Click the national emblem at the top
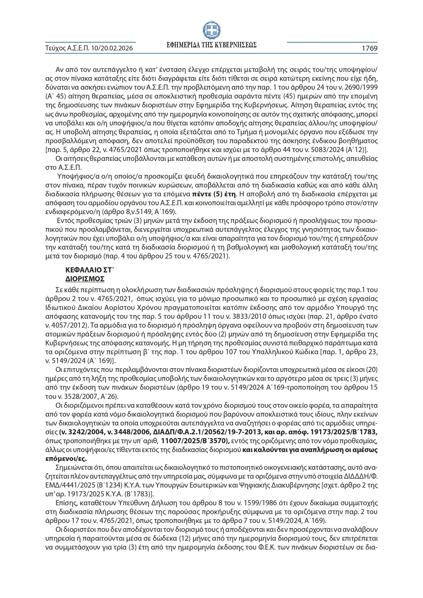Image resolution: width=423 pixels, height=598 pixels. click(x=211, y=30)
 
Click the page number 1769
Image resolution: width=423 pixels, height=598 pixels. click(x=369, y=48)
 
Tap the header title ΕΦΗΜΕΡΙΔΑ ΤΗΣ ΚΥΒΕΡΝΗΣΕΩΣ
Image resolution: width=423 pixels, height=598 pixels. click(x=211, y=45)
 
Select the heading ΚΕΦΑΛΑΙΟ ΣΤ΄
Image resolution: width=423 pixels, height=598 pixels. click(x=89, y=270)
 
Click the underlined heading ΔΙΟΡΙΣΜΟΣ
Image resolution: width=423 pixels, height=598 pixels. click(x=85, y=279)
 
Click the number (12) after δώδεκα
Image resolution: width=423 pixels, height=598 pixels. click(x=186, y=538)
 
